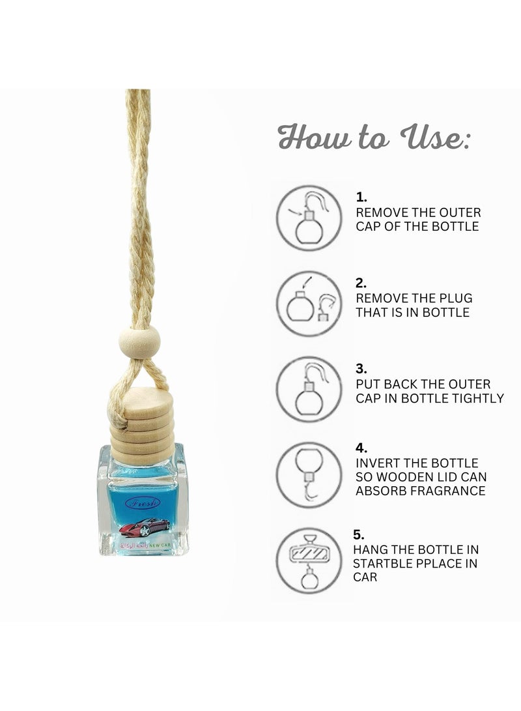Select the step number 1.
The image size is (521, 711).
coord(361,196)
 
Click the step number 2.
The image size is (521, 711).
coord(361,283)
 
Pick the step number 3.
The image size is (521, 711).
coord(361,369)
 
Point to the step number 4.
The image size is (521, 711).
coord(361,448)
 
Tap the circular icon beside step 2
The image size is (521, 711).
coord(309,303)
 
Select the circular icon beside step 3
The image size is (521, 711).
coord(309,389)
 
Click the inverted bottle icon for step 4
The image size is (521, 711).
coord(309,474)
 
